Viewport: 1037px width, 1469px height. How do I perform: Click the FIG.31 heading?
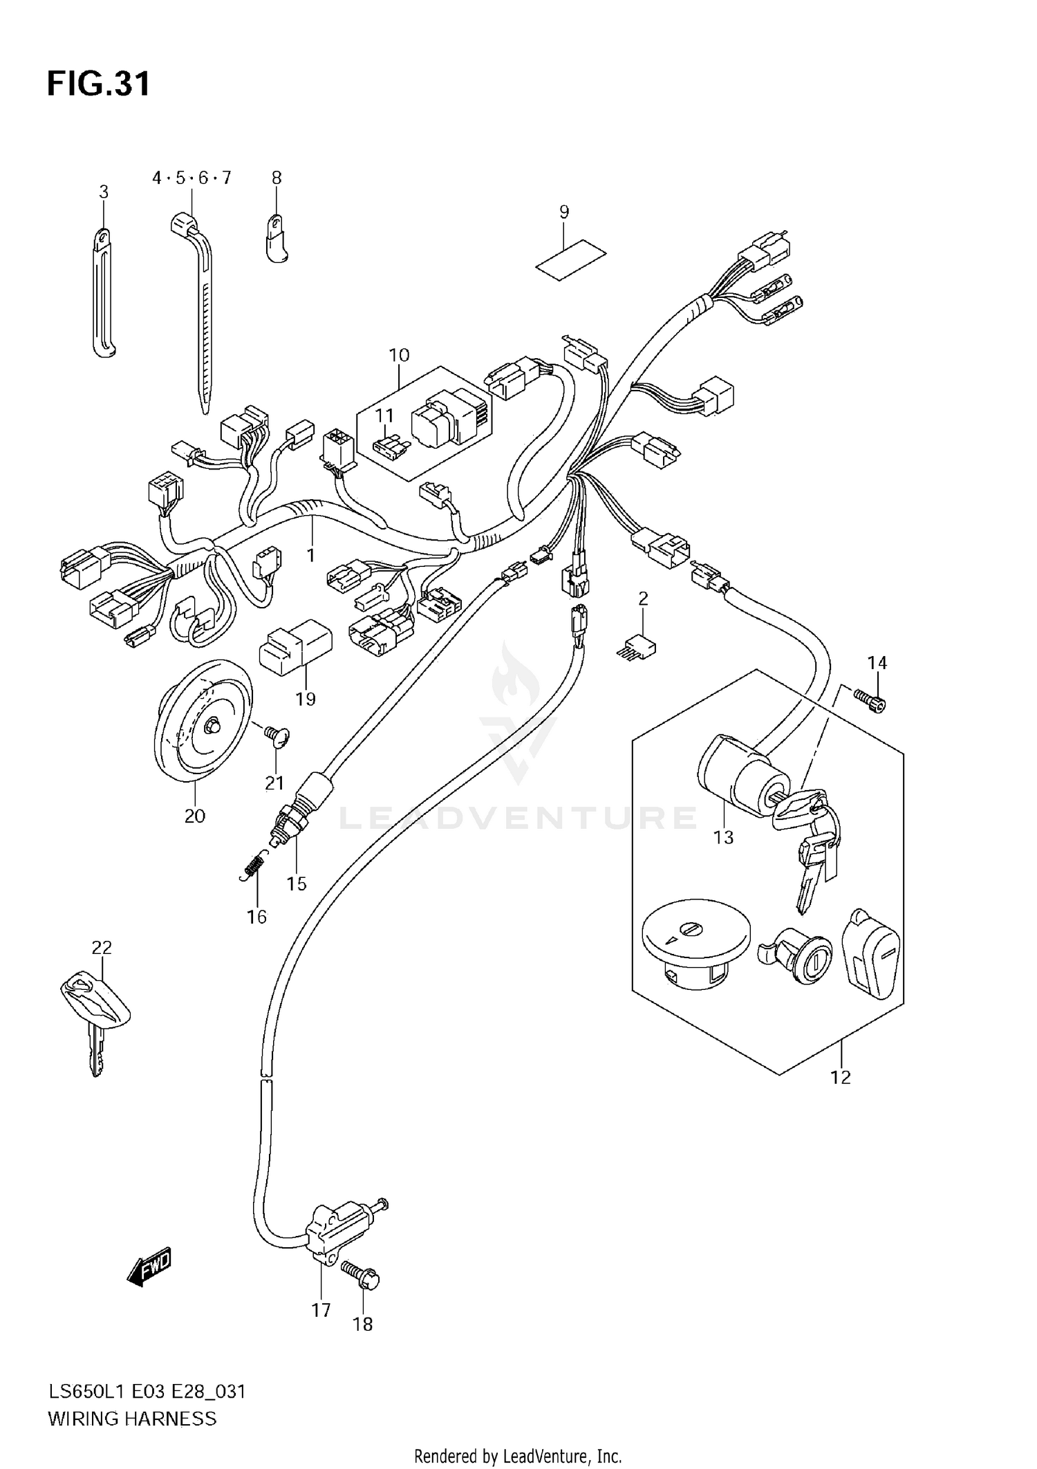click(98, 84)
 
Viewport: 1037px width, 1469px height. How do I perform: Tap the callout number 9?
click(564, 212)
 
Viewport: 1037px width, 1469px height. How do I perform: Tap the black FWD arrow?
click(149, 1269)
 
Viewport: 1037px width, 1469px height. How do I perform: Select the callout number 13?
click(723, 838)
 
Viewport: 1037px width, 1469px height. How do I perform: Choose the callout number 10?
click(399, 355)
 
